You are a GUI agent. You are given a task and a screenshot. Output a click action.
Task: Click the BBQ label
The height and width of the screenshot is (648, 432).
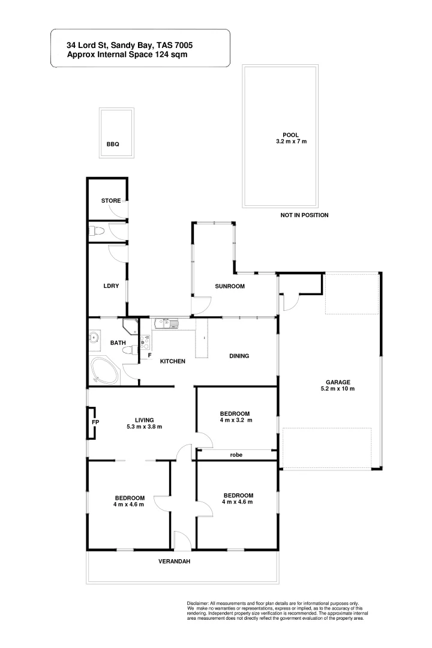[x=113, y=145]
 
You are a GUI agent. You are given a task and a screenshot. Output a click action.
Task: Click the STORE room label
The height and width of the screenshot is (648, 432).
[x=111, y=200]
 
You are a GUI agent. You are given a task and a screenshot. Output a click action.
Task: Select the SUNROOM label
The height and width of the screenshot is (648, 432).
[x=230, y=286]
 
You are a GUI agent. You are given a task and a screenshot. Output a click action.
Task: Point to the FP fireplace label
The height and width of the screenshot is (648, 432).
[x=95, y=422]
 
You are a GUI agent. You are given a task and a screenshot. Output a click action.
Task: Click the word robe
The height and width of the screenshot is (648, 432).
[x=236, y=455]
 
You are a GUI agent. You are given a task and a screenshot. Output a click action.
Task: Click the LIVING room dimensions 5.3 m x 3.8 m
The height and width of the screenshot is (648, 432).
[x=145, y=427]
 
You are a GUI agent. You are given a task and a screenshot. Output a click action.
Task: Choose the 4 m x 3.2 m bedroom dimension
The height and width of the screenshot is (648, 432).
[x=235, y=421]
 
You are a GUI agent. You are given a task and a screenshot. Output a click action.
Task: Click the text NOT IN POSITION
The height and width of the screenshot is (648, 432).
[x=304, y=215]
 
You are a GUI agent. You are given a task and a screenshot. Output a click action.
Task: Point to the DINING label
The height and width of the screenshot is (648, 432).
[x=239, y=356]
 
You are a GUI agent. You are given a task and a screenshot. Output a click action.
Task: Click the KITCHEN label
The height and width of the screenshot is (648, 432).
[x=172, y=361]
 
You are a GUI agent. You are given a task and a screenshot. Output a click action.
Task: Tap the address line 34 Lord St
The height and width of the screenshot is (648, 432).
[x=130, y=45]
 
